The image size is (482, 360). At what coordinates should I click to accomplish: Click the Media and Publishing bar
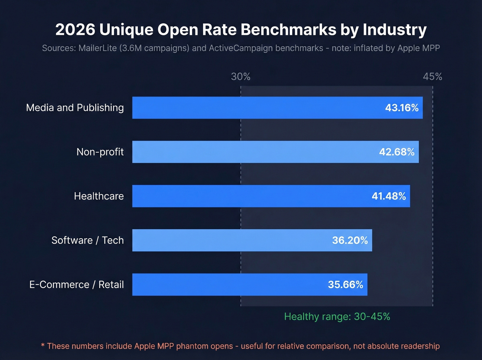click(255, 108)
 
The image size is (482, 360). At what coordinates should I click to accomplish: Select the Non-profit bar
click(255, 152)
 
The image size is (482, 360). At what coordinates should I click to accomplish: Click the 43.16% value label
click(402, 108)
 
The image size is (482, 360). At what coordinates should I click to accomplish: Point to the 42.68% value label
click(397, 152)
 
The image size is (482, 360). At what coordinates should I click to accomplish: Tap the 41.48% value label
click(389, 196)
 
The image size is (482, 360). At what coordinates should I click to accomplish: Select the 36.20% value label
click(350, 240)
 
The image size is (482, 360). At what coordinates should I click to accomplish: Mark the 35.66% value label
click(345, 285)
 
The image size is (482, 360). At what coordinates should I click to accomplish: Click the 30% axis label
click(241, 76)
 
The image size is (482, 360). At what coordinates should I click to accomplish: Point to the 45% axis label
click(432, 76)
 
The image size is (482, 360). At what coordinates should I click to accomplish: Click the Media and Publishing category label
click(75, 108)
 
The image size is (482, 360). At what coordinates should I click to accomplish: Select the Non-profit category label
click(100, 152)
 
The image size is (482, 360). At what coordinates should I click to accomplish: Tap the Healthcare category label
click(99, 196)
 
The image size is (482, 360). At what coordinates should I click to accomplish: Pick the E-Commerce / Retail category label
click(76, 285)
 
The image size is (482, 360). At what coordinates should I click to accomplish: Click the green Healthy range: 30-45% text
click(337, 317)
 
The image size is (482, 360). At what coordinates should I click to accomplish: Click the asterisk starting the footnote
click(43, 346)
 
